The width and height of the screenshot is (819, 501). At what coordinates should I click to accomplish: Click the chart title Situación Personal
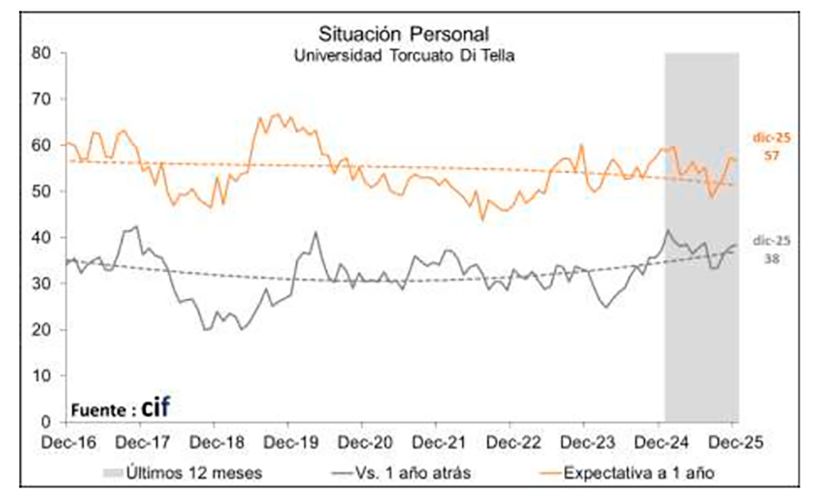point(404,34)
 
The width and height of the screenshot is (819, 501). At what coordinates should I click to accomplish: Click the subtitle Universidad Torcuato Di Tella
point(404,56)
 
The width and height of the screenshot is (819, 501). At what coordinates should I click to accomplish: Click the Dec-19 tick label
point(288,442)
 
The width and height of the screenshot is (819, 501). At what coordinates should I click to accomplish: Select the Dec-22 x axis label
point(511,442)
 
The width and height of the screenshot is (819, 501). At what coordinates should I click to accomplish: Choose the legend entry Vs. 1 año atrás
point(413,473)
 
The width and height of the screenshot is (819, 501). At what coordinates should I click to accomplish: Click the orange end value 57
point(772,155)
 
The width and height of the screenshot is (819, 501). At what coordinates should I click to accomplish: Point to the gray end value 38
point(772,258)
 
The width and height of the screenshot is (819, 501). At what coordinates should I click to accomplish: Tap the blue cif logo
point(157,408)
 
